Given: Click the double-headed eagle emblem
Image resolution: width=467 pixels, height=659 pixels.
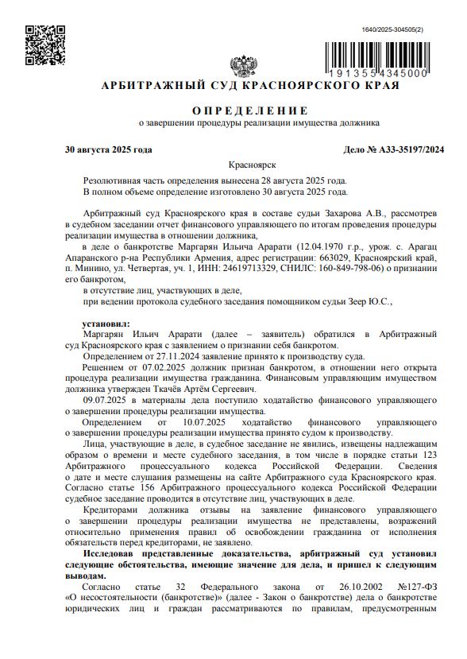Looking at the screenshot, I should tap(239, 66).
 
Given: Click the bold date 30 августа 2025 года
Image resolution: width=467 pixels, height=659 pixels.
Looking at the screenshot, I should tap(109, 149).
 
